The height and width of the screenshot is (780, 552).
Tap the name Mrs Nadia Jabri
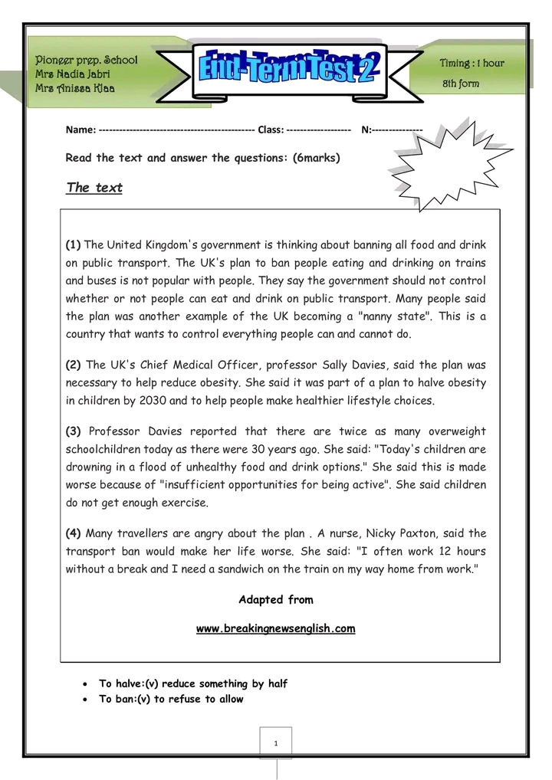[73, 74]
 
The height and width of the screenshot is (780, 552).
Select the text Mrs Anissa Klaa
[75, 89]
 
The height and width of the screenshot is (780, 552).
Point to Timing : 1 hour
[472, 63]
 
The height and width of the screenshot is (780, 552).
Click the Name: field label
[80, 129]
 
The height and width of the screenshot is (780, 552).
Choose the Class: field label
[271, 129]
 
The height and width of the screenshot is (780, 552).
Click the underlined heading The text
[94, 188]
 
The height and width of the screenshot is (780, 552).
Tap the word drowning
[93, 467]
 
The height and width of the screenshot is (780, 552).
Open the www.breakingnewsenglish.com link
[275, 629]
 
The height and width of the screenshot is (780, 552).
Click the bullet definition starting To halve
[192, 683]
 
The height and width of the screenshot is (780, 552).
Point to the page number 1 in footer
[275, 743]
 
